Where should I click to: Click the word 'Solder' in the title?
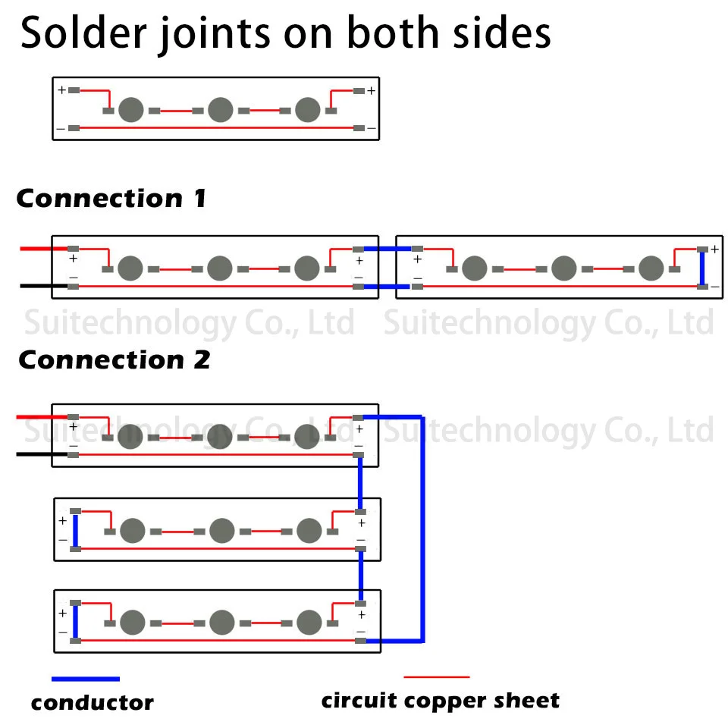coord(83,33)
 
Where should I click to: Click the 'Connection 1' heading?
coord(111,199)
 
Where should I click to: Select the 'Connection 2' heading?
coord(115,359)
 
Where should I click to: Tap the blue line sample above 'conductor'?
coord(86,679)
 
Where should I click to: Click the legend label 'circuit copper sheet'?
coord(440,701)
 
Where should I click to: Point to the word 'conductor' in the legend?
coord(93,703)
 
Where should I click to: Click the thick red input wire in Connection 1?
coord(44,249)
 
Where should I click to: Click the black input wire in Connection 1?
coord(44,286)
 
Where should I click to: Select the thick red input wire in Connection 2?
coord(42,417)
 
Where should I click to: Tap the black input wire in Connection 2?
coord(42,454)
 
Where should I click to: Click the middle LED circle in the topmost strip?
coord(220,109)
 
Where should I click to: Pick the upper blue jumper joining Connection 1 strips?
coord(388,249)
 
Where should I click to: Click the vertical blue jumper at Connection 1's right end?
coord(702,268)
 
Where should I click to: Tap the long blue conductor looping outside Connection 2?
coord(422,529)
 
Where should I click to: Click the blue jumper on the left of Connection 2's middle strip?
coord(76,530)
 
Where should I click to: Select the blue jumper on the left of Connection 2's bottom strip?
coord(76,622)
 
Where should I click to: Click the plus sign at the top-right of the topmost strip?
coord(371,90)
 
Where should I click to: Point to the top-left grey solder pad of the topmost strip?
coord(74,90)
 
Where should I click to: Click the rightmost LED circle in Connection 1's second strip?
coord(651,268)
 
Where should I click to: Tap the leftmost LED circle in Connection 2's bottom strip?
coord(132,622)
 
